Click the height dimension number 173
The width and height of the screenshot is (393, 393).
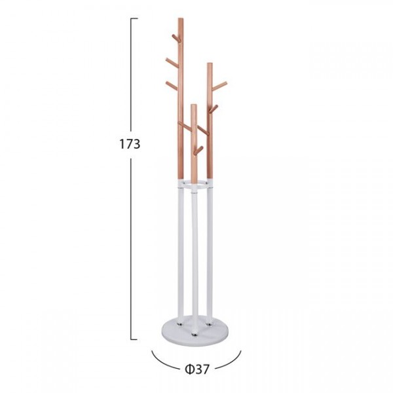point(130,144)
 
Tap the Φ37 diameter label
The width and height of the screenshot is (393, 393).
point(197,369)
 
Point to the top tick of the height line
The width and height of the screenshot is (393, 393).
point(134,18)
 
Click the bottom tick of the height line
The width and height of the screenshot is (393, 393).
point(134,339)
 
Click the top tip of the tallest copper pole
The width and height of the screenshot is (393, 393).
point(181,18)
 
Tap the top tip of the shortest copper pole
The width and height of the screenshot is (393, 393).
point(193,105)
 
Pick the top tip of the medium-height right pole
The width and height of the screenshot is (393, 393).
point(210,64)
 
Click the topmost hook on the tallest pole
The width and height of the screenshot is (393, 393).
point(176,38)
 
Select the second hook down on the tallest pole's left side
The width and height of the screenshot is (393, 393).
point(172,62)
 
